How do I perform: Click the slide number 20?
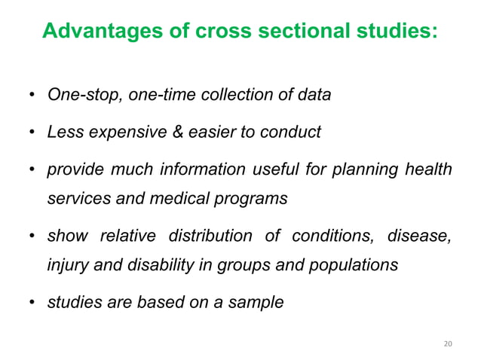447,343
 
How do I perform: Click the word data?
314,96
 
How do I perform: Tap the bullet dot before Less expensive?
32,133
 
